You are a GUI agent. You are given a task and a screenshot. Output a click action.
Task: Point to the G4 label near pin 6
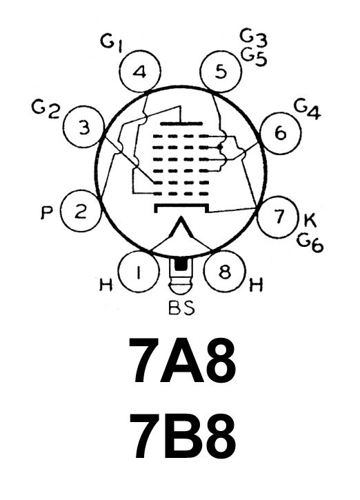point(307,110)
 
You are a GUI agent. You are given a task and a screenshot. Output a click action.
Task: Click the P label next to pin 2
point(47,212)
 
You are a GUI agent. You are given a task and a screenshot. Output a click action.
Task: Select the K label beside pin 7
point(309,220)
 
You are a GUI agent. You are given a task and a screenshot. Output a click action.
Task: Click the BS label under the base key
point(181,308)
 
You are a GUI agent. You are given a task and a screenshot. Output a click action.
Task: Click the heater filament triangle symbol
point(181,232)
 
